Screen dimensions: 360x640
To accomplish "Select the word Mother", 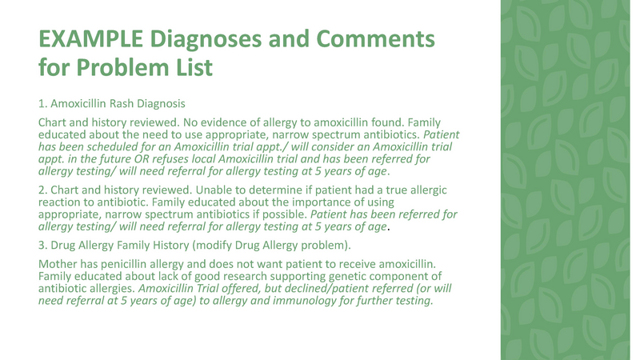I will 59,263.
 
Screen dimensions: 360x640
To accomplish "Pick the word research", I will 247,276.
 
